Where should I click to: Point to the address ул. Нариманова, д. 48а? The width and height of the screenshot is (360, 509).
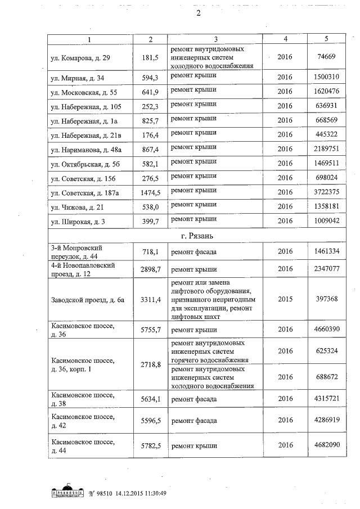[x=89, y=150]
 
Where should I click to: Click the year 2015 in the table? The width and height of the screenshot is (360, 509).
[x=285, y=299]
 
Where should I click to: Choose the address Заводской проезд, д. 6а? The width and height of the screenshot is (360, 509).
[x=86, y=299]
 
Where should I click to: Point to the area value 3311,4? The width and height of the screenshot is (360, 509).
[x=151, y=299]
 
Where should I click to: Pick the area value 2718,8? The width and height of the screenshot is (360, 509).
[x=151, y=365]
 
